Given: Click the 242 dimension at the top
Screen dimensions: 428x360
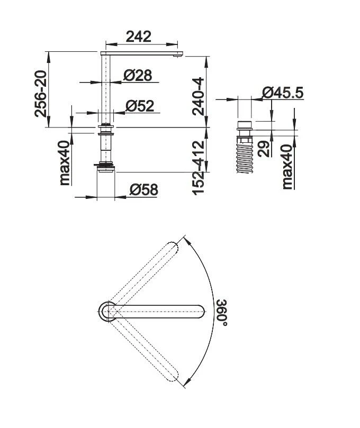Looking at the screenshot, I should (x=138, y=37).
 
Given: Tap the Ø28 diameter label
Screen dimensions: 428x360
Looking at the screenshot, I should (x=138, y=76).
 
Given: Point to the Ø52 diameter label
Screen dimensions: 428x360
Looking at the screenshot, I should (x=139, y=106).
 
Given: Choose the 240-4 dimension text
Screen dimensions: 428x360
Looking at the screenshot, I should (x=197, y=96).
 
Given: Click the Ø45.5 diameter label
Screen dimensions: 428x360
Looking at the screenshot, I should (x=283, y=93).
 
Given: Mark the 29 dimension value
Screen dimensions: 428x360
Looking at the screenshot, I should (x=265, y=147).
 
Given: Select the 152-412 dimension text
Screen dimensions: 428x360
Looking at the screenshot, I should (x=198, y=167).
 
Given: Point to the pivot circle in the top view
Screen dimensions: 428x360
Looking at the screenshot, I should (x=108, y=312).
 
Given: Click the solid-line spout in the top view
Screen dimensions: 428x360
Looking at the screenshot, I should (x=159, y=312).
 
